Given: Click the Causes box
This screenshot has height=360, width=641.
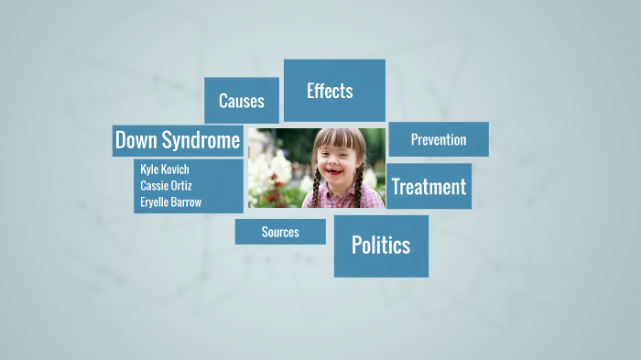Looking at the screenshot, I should pyautogui.click(x=241, y=101).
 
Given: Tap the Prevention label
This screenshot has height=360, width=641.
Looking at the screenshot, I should pyautogui.click(x=438, y=140).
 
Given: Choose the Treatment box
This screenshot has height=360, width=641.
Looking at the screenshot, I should pyautogui.click(x=429, y=187).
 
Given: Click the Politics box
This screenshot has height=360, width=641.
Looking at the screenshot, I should pyautogui.click(x=381, y=245).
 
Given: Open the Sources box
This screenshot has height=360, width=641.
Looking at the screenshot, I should pyautogui.click(x=280, y=232).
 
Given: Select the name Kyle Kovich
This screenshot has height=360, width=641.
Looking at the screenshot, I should pyautogui.click(x=165, y=169).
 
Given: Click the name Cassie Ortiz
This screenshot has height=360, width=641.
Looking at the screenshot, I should pyautogui.click(x=166, y=185).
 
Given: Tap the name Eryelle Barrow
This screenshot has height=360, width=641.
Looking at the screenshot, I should pyautogui.click(x=170, y=202).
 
